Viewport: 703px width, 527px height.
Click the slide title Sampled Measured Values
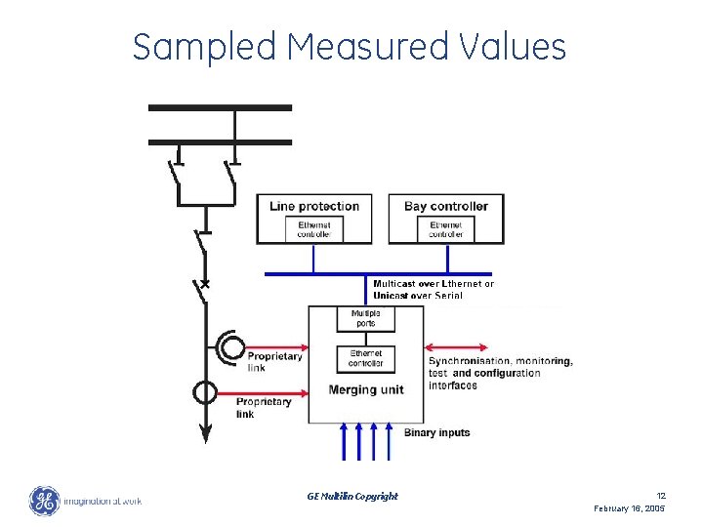click(x=349, y=46)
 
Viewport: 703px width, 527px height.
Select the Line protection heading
click(x=314, y=206)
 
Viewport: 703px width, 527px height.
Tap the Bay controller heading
click(x=446, y=206)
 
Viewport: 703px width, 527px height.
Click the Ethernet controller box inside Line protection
click(x=314, y=228)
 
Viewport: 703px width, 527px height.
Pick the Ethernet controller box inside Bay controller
click(x=446, y=228)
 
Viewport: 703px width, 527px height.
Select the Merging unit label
click(x=366, y=389)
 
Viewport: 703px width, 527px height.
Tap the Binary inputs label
click(x=436, y=432)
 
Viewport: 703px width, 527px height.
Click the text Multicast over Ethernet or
click(x=434, y=284)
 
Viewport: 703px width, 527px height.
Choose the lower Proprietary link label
click(x=264, y=407)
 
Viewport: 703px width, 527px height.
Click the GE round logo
click(x=44, y=502)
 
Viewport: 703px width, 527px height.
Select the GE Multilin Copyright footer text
click(x=351, y=496)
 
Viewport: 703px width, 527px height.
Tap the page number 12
click(x=660, y=496)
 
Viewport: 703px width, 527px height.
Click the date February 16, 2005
click(x=630, y=509)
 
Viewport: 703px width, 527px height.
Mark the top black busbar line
click(x=220, y=107)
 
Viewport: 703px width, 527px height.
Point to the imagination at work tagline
click(x=103, y=502)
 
